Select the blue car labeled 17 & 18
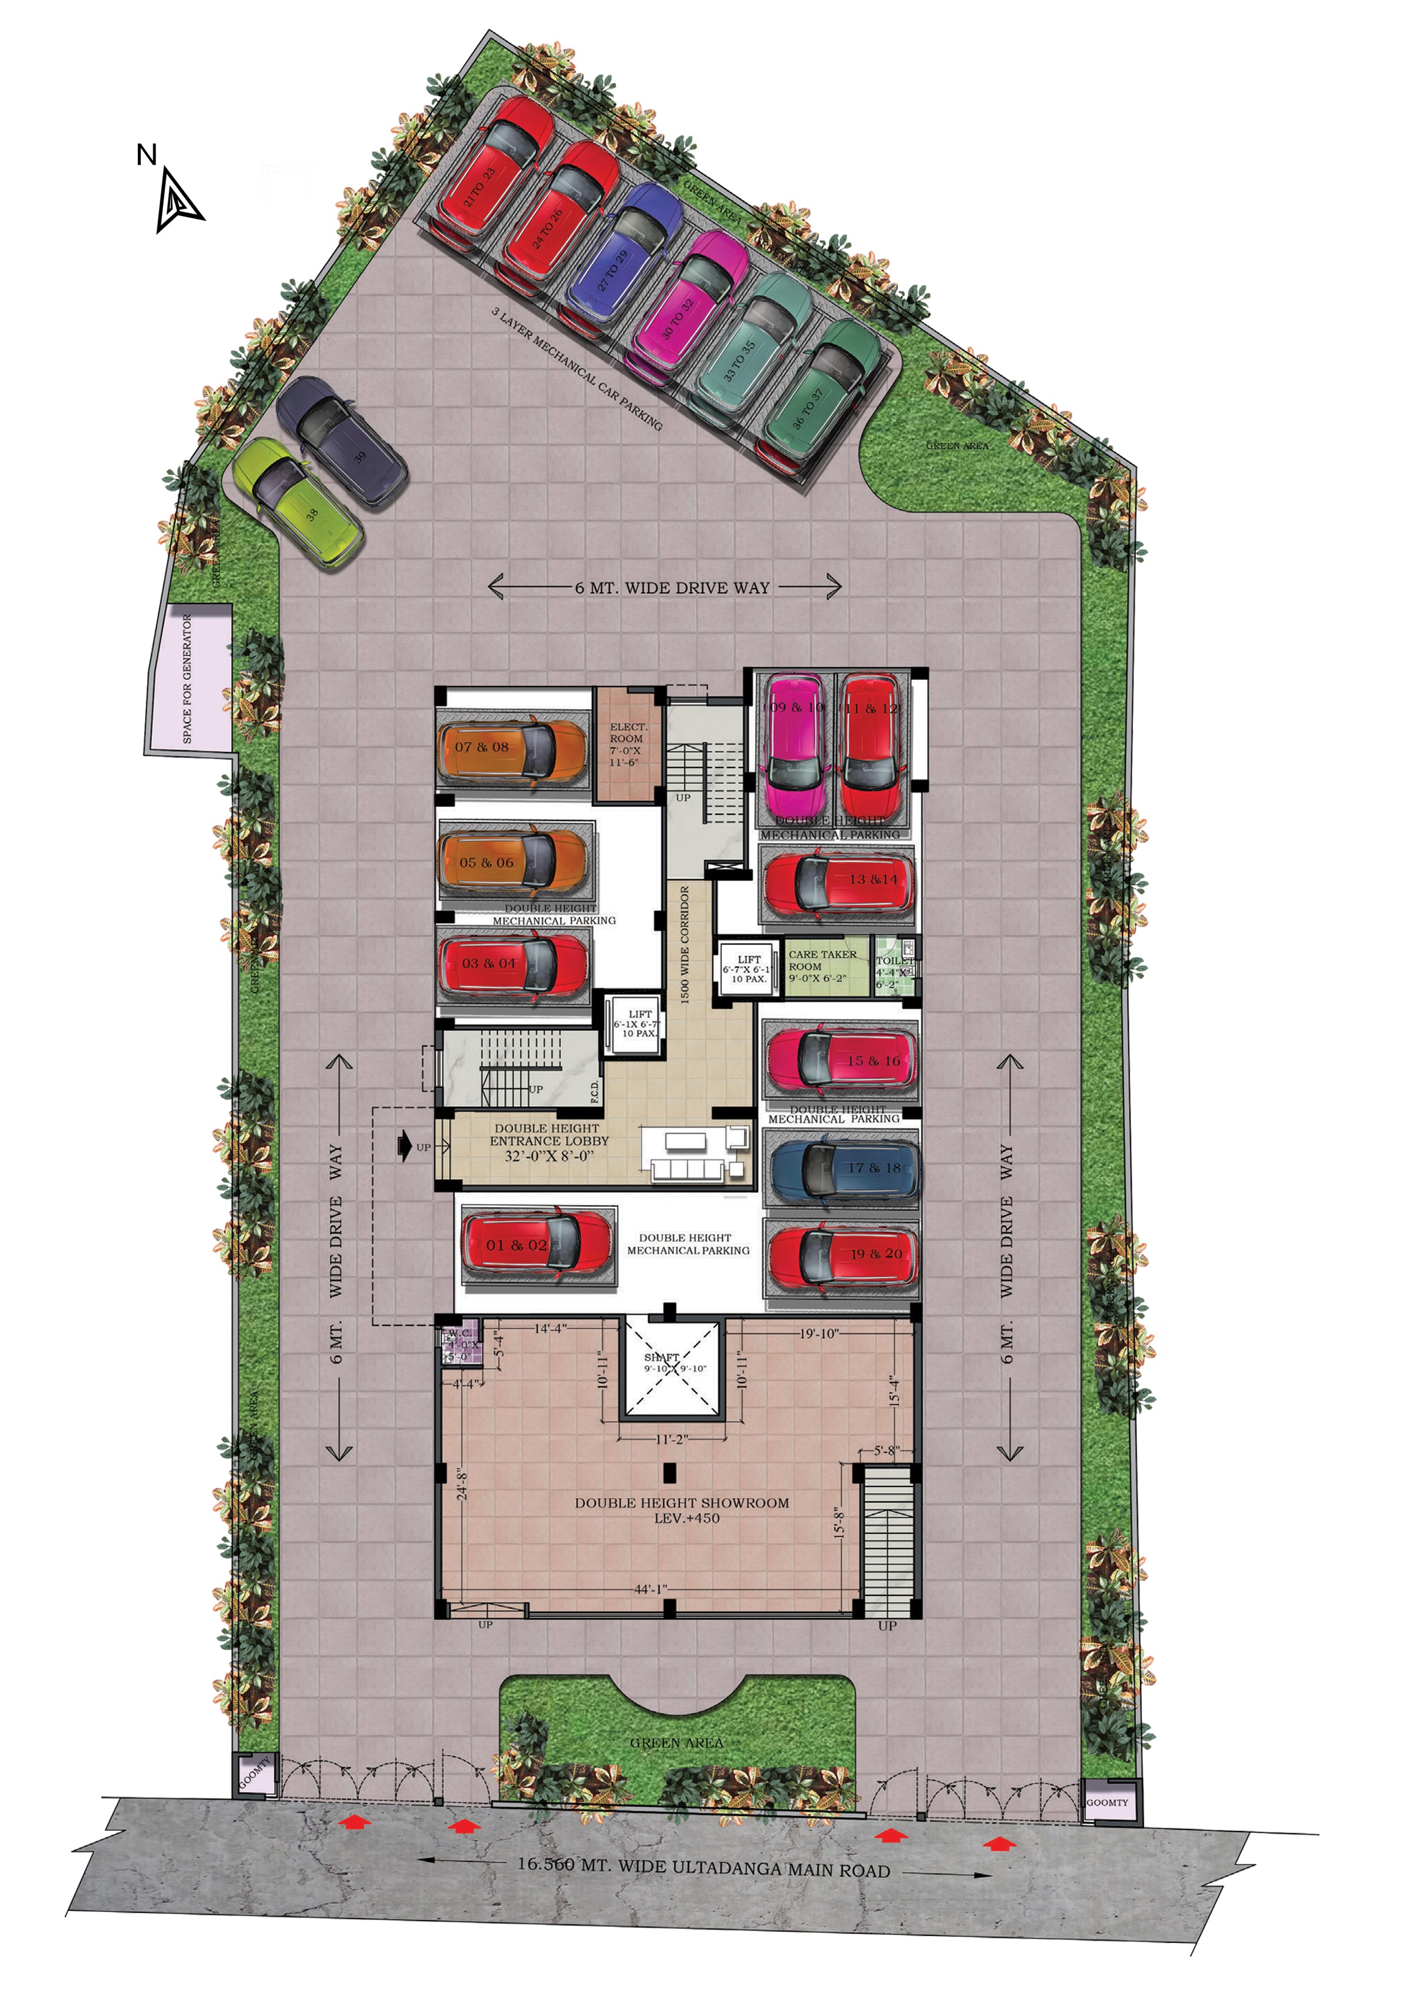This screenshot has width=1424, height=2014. (x=843, y=1168)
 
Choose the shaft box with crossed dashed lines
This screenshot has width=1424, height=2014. (x=670, y=1366)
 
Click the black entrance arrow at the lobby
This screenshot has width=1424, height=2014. (x=404, y=1145)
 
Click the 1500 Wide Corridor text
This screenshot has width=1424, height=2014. (x=684, y=943)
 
